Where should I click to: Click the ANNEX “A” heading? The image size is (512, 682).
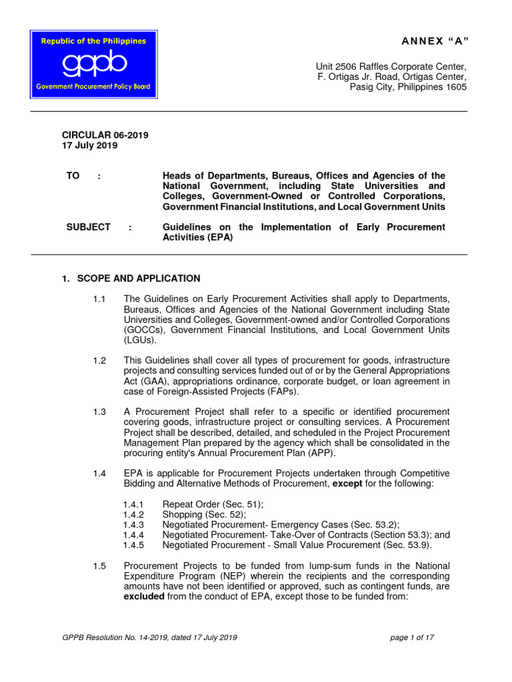434,41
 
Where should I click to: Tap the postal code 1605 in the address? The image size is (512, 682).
456,87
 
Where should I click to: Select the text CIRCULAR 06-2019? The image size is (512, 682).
105,135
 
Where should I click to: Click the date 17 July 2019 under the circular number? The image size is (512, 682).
89,146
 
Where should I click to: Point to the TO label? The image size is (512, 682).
73,175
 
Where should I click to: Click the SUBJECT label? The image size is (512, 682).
88,227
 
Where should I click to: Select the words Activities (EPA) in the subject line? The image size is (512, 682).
198,238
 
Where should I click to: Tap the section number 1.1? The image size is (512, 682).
99,299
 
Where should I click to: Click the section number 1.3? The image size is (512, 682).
99,412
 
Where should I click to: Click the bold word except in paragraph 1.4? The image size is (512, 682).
348,484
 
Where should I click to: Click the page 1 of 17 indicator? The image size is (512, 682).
412,637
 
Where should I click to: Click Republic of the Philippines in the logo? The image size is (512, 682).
93,41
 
